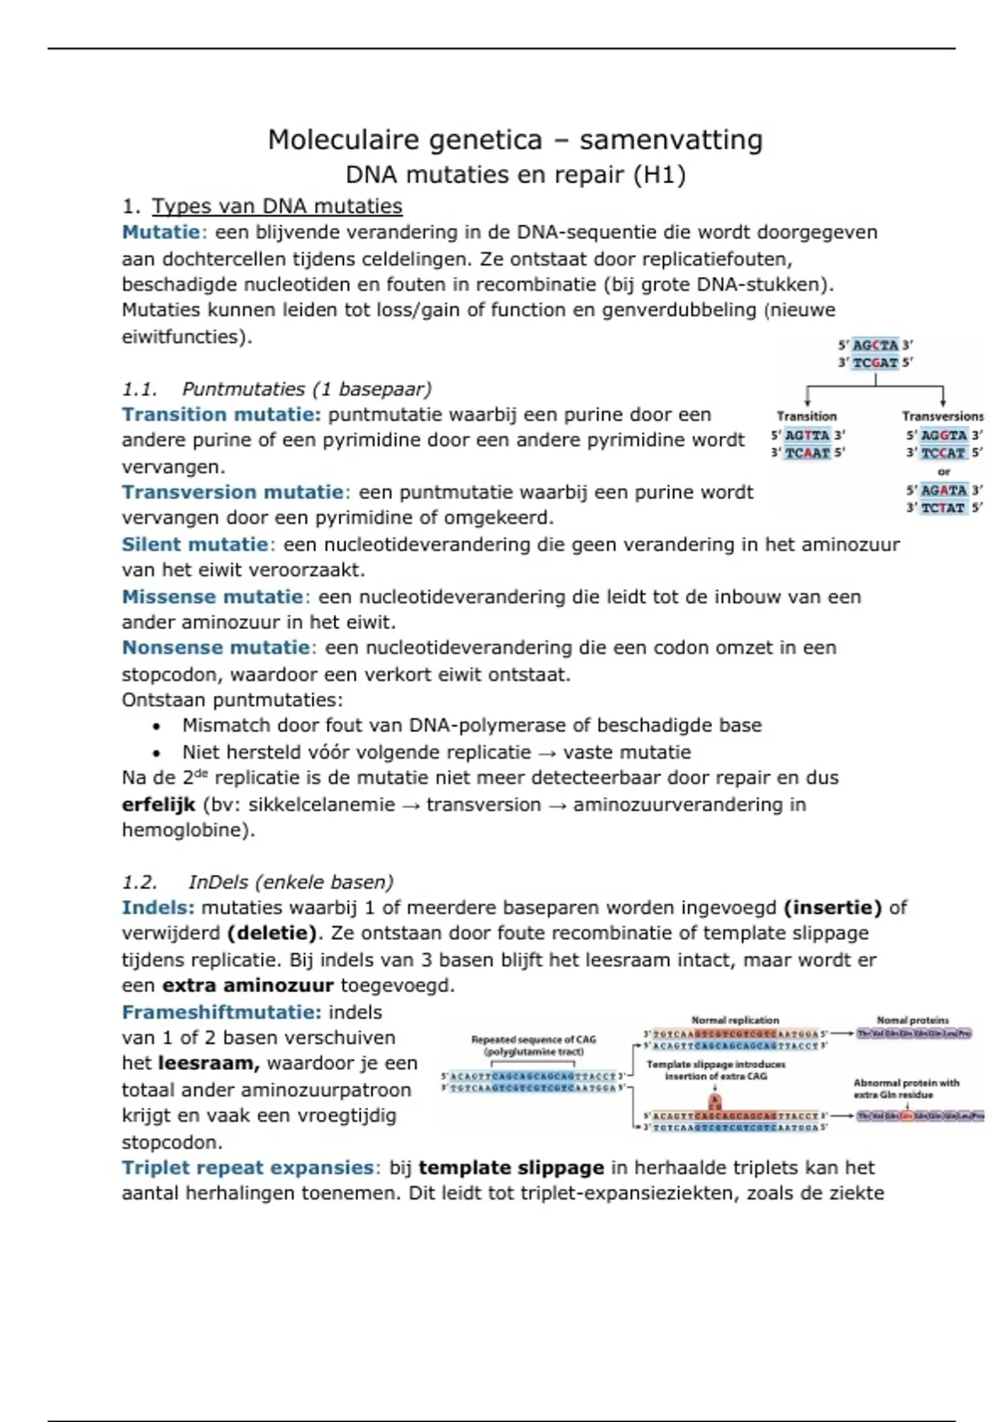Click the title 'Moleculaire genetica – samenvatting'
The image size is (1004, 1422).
tap(515, 140)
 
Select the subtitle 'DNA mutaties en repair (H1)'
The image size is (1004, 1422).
tap(515, 175)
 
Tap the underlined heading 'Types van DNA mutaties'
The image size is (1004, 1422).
tap(277, 207)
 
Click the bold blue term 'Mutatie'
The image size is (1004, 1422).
tap(161, 233)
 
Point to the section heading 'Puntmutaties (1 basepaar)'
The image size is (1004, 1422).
tap(306, 389)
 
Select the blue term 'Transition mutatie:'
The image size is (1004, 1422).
tap(221, 415)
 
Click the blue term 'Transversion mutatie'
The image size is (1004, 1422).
tap(233, 493)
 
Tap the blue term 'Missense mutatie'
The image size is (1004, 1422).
tap(213, 597)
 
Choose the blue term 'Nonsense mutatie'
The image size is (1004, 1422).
tap(216, 648)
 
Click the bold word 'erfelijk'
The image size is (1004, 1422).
tap(158, 805)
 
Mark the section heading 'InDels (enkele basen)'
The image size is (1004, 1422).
tap(290, 882)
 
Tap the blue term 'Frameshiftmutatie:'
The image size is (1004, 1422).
tap(222, 1013)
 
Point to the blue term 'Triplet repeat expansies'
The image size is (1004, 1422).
tap(248, 1169)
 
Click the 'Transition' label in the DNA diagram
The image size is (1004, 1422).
tap(807, 417)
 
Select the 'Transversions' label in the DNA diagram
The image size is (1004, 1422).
tap(942, 417)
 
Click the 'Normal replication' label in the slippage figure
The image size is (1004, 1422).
tap(735, 1020)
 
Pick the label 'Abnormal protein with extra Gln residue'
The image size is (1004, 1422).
tap(906, 1088)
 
